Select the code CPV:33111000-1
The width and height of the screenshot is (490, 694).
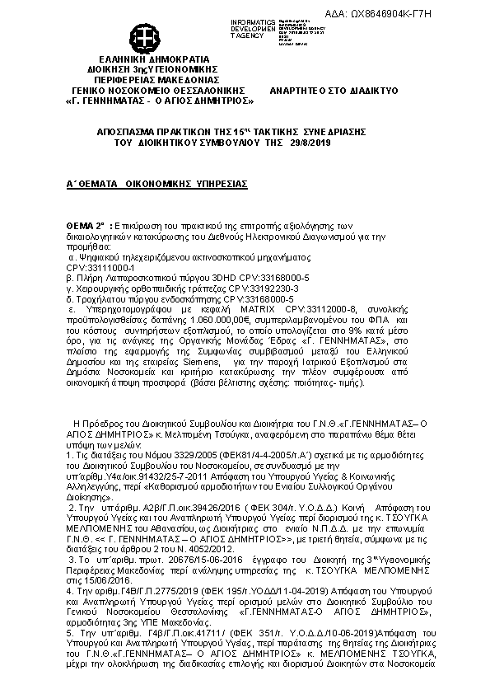click(100, 268)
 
